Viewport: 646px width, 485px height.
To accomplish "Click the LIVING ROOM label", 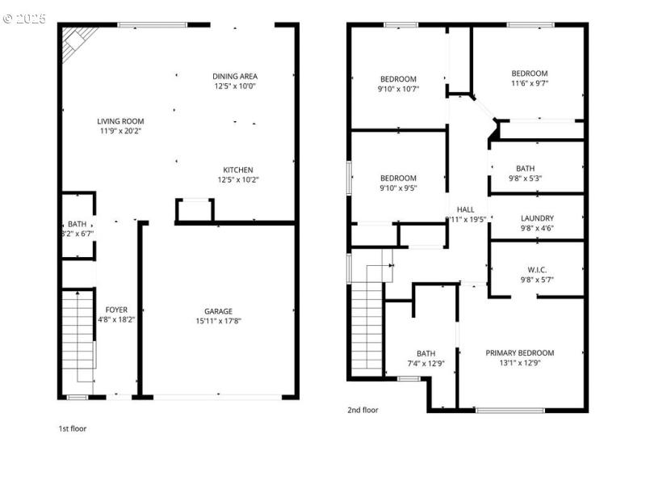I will point(121,121).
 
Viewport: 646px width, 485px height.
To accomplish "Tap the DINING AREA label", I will point(235,76).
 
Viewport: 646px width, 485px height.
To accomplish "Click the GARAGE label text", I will point(218,311).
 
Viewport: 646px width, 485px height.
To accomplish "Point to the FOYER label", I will point(117,310).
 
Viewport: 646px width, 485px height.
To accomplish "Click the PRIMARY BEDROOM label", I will point(519,352).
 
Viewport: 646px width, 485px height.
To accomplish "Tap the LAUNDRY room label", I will point(536,218).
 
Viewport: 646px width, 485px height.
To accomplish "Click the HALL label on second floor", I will point(466,209).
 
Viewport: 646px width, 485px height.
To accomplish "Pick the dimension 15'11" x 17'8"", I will point(218,321).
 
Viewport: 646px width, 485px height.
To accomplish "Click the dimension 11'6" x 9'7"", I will point(529,82).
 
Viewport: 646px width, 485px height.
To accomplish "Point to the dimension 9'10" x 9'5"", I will point(398,188).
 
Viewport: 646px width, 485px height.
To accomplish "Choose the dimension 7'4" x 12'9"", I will point(426,363).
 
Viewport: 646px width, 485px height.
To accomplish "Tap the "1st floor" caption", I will point(72,428).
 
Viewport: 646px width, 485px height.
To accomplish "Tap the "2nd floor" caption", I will point(363,410).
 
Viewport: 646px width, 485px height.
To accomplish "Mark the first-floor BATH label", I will point(78,224).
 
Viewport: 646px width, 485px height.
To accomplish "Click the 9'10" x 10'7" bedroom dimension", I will point(398,89).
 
